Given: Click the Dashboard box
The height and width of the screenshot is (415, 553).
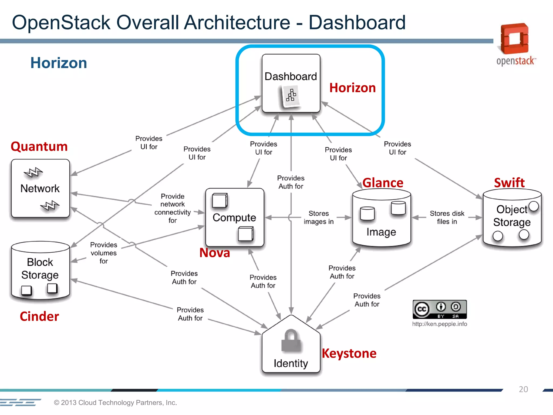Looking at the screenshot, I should pos(291,83).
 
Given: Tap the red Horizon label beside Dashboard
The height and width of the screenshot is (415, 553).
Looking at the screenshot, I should pos(352,88).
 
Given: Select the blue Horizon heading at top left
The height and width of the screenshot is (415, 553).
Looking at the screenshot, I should pos(59,63).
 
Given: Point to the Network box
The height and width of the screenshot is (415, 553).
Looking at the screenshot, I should pos(40,188).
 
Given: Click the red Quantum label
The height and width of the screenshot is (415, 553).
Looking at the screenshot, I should pos(39,147).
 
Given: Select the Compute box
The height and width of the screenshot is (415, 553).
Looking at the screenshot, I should pos(234,217).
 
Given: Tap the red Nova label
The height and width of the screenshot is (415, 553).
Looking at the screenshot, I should pos(214,253).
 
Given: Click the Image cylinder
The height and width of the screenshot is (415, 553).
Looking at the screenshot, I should pos(381,219).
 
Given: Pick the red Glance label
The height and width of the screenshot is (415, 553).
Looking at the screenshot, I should pos(383,183).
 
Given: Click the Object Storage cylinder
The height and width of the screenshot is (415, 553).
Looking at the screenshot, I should pos(512,219).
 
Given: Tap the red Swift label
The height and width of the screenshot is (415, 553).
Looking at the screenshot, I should pos(509,183).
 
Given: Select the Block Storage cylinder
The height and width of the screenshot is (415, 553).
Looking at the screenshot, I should pos(40,270).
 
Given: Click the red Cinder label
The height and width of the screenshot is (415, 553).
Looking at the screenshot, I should pos(39,316).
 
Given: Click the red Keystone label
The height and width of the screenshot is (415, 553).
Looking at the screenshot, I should pos(349,353).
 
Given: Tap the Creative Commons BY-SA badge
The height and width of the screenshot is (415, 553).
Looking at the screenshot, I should pos(440,309).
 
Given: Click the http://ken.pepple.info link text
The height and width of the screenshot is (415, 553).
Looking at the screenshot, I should pos(439,324).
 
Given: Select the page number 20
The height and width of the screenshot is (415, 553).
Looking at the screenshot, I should pos(523,389).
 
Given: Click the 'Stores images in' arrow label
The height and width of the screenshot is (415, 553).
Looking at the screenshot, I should pos(319,217).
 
